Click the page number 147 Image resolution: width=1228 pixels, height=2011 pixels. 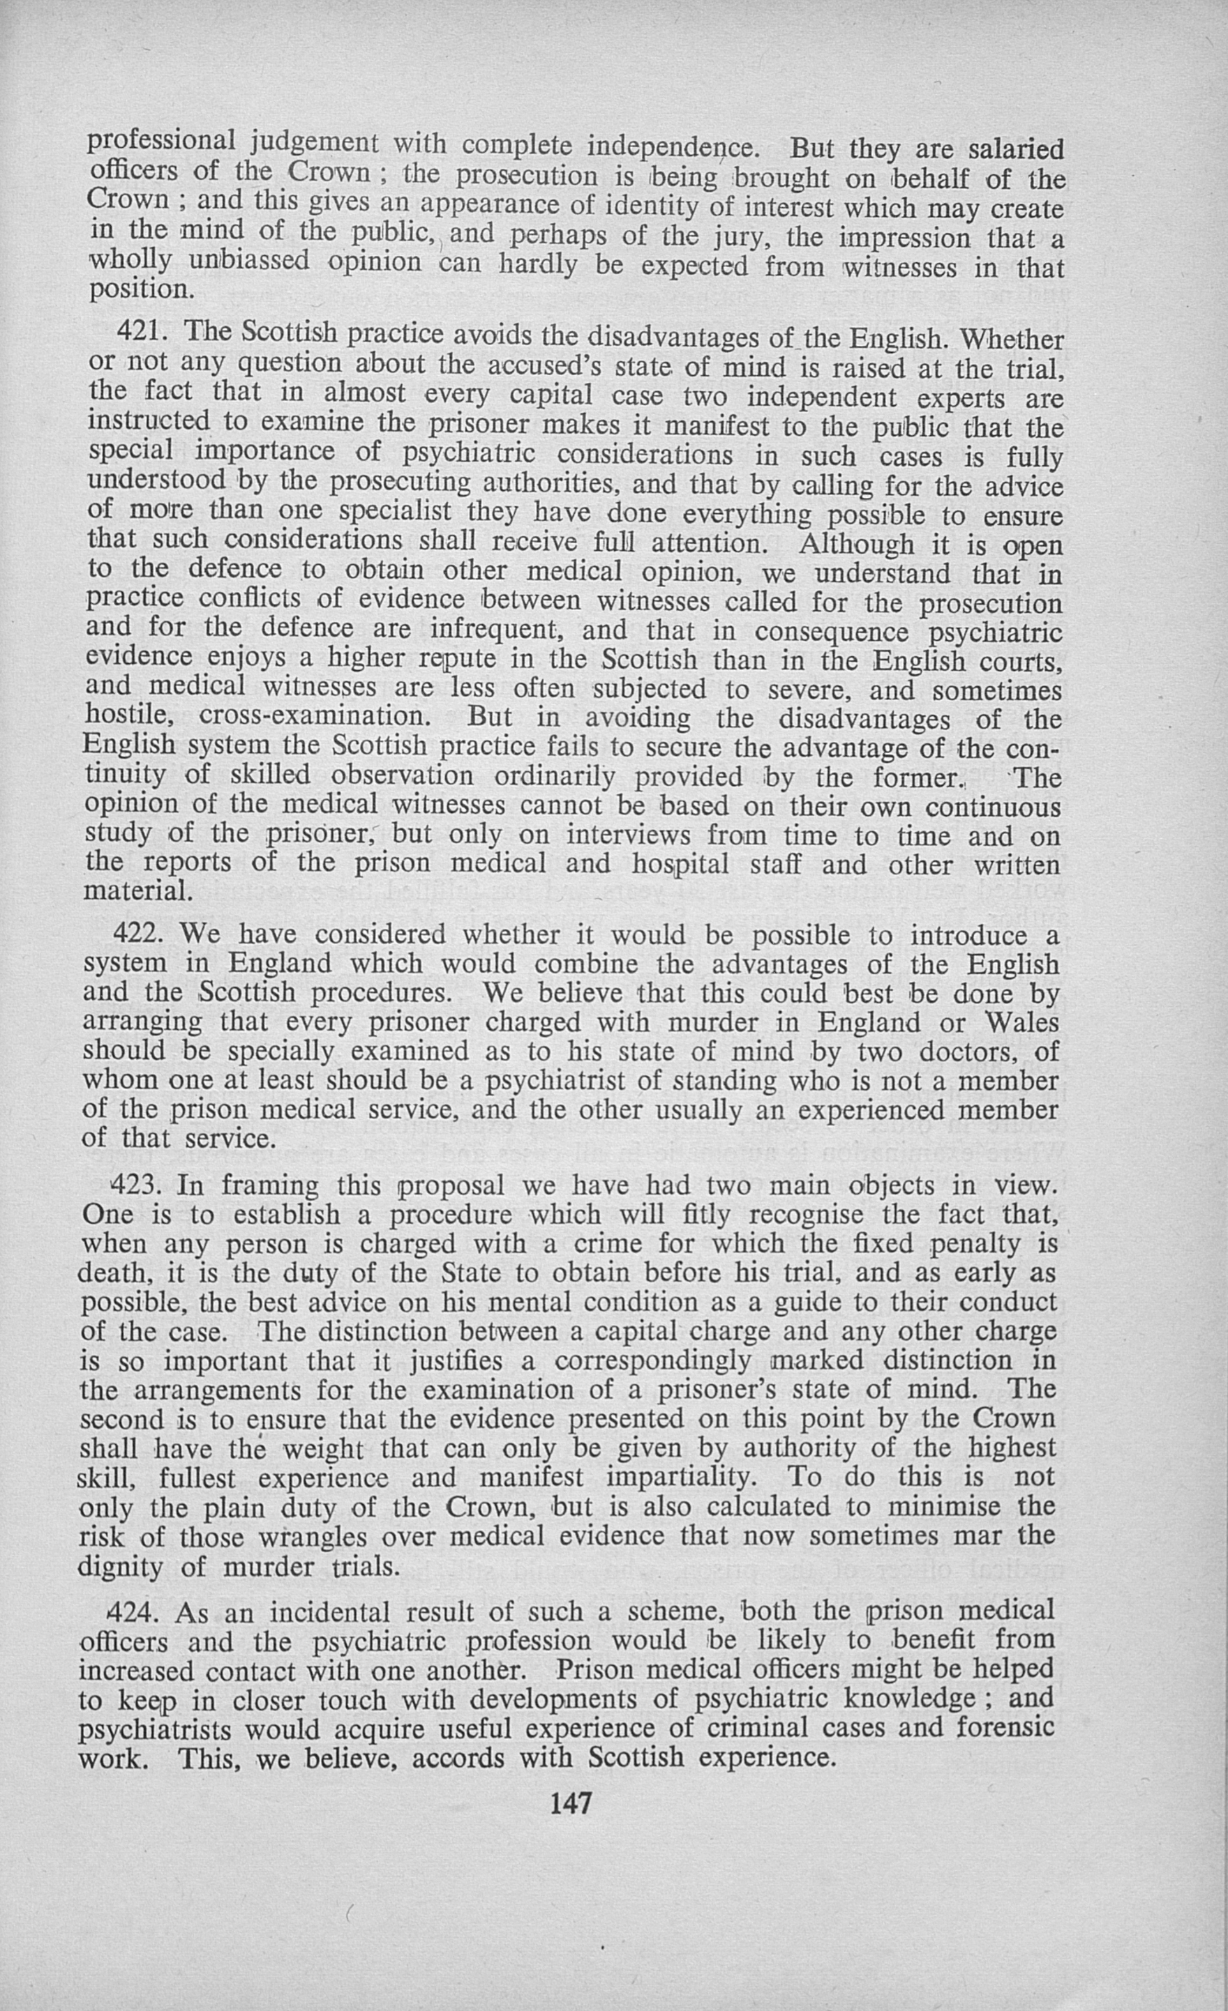pyautogui.click(x=571, y=1802)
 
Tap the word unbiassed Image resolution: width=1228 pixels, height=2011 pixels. pyautogui.click(x=249, y=261)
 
